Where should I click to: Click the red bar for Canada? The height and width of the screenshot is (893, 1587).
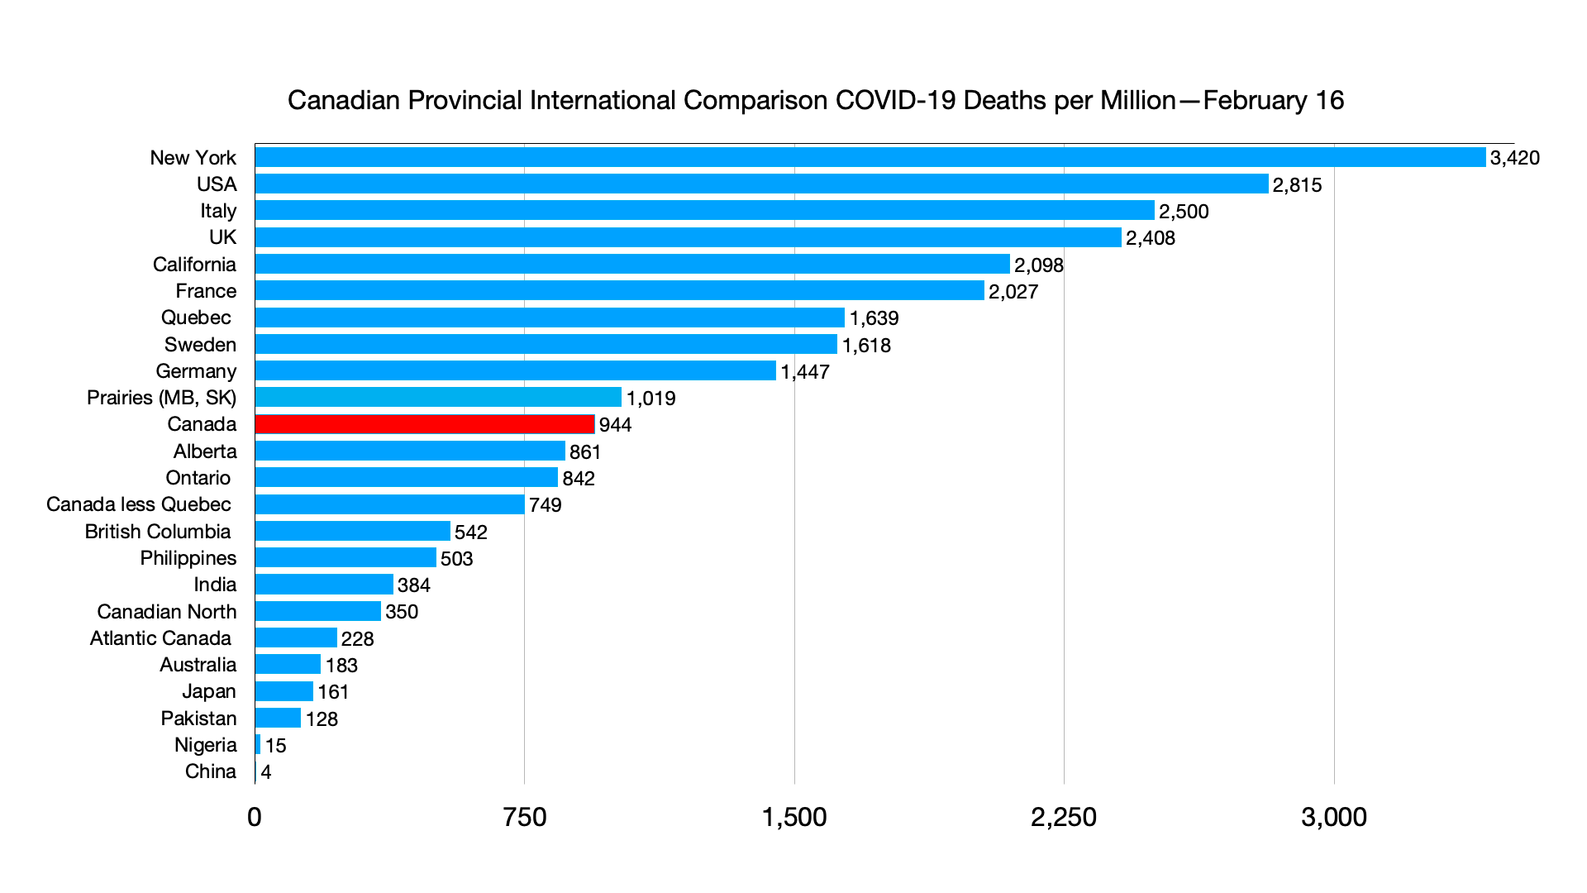point(425,424)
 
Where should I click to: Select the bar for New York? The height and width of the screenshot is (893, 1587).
point(870,157)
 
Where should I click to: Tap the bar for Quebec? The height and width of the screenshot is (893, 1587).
point(550,318)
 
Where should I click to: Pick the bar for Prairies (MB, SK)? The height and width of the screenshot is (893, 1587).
point(438,398)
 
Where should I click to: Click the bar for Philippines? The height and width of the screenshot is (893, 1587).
point(346,558)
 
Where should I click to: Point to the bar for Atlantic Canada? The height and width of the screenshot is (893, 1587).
point(296,638)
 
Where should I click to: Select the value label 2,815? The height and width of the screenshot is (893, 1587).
point(1297,185)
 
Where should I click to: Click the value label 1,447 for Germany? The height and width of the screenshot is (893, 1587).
point(804,372)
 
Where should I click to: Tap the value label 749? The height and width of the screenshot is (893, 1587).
point(545,505)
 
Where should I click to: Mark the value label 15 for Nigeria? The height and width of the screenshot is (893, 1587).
point(275,746)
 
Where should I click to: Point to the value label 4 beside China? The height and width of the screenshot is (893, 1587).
point(266,772)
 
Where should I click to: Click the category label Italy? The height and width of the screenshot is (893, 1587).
point(218,211)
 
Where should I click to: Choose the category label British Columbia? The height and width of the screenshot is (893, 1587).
point(158,532)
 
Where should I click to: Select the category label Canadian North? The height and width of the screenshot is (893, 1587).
point(167,612)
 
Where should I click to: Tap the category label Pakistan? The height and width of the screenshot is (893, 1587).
point(198,719)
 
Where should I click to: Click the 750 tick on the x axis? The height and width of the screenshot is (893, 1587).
point(524,817)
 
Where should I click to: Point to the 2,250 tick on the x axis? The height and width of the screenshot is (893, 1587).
point(1063,817)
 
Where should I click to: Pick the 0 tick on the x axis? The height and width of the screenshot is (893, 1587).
point(255,817)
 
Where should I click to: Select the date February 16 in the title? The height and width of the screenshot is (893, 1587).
point(1273,101)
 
